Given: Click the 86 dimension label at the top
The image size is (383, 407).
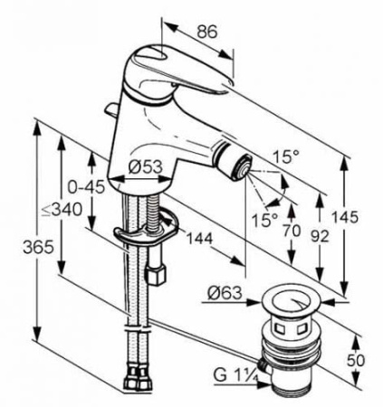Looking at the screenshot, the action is point(207,32).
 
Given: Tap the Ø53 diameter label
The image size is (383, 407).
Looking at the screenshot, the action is point(145,167).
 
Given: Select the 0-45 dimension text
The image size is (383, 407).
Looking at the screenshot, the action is point(86,187).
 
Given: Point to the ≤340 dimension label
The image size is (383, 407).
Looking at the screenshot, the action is point(62,210).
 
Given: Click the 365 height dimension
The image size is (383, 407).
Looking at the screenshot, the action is point(39,248).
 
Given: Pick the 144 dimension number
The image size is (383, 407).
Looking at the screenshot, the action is point(199,239).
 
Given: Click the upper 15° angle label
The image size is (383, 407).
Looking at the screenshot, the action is point(286,156).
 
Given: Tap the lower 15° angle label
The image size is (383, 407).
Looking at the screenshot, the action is point(265,220).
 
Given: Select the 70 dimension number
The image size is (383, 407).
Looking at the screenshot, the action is point(292,231).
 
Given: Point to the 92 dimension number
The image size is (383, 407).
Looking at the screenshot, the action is point(320,236).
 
